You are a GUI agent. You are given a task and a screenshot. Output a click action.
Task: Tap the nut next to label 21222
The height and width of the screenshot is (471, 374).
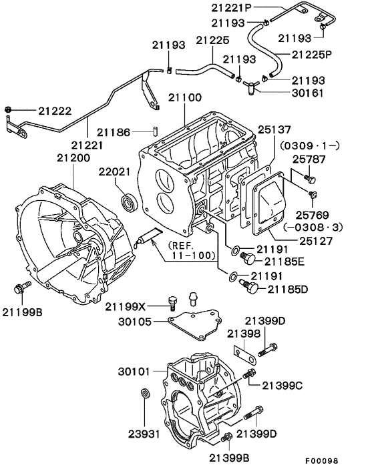pyautogui.click(x=8, y=109)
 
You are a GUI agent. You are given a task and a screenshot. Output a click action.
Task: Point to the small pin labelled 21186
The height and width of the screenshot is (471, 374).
pyautogui.click(x=152, y=131)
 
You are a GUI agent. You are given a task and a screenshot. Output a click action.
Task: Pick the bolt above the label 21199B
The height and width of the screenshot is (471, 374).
pyautogui.click(x=19, y=289)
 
